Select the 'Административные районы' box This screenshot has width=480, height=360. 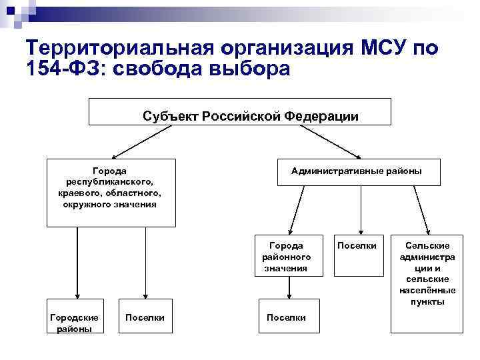pos(357,172)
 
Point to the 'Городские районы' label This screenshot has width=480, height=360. pos(75,323)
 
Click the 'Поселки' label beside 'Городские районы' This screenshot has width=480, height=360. pos(145,317)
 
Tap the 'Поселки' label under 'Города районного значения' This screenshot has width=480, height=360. pos(286,317)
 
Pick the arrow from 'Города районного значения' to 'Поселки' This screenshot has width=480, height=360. pos(288,287)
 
